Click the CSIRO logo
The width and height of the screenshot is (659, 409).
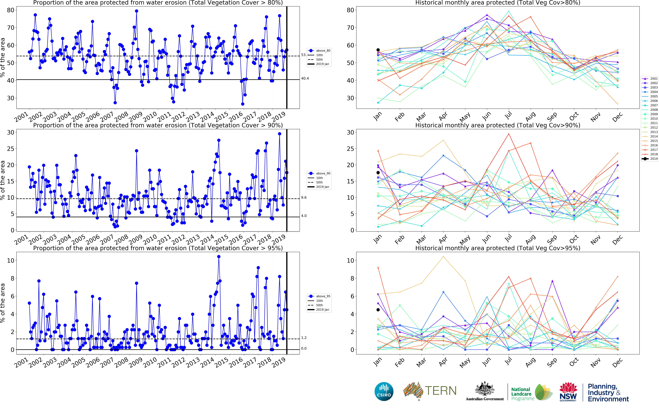pyautogui.click(x=384, y=391)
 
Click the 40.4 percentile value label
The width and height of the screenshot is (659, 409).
pyautogui.click(x=305, y=78)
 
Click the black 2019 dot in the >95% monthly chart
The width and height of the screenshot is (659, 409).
pyautogui.click(x=378, y=310)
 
